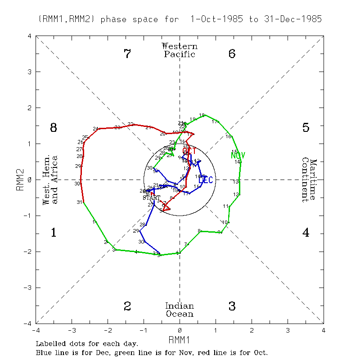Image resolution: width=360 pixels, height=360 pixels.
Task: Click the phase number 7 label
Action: click(x=127, y=54)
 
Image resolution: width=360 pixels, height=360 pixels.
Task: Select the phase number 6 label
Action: click(x=232, y=54)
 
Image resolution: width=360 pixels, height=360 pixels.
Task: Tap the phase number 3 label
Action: click(x=232, y=306)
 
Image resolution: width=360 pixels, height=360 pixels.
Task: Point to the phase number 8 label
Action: click(x=53, y=128)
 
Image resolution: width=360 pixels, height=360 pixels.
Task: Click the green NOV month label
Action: click(x=238, y=156)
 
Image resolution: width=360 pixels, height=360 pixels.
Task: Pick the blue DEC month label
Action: click(x=205, y=180)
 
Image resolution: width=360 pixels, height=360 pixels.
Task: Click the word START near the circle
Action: click(x=151, y=198)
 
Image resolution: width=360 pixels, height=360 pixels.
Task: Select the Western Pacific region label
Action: click(x=180, y=50)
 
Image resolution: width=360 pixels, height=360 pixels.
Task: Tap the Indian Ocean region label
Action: click(x=180, y=310)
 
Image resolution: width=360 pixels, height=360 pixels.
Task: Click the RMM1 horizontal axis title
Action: click(x=180, y=338)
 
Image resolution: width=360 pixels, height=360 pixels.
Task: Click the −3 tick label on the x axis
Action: click(x=71, y=330)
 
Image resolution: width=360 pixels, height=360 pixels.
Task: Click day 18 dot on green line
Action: click(x=205, y=116)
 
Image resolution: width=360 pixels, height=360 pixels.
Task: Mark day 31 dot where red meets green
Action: click(x=84, y=202)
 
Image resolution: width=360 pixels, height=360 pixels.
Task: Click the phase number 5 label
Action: click(x=306, y=128)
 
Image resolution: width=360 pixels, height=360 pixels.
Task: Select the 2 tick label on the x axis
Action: click(x=252, y=330)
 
